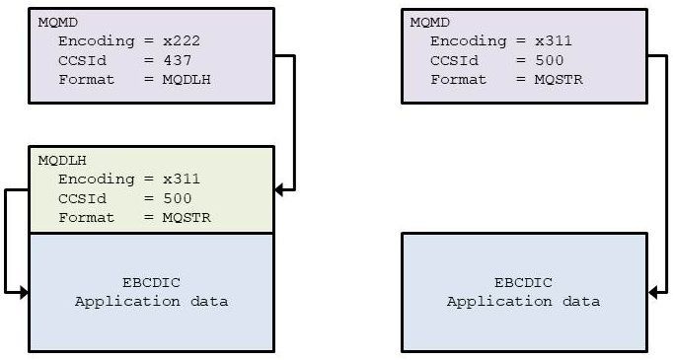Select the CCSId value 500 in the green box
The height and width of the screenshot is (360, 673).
point(177,198)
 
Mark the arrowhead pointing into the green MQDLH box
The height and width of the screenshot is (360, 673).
point(279,188)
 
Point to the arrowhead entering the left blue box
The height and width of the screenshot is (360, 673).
point(23,292)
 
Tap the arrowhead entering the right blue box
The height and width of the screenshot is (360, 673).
point(652,292)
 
